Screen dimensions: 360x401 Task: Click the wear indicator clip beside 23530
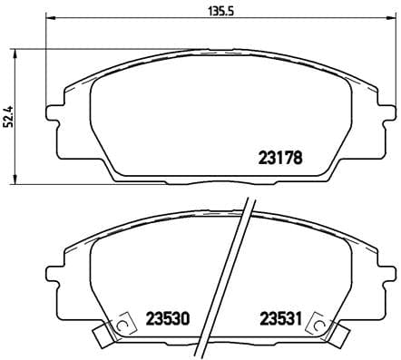(115, 328)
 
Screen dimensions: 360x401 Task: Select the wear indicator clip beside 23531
(318, 328)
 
